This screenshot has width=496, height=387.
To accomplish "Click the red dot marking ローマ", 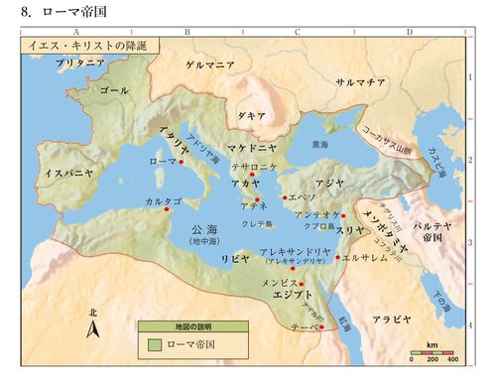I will (x=182, y=161).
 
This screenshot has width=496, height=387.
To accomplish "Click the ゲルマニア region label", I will (x=209, y=64).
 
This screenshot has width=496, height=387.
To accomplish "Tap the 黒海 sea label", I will (x=320, y=144).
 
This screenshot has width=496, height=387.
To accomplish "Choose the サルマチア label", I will (x=360, y=83).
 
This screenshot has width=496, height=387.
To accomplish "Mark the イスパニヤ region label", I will (x=68, y=173).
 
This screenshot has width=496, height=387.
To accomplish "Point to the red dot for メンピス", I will (x=301, y=284).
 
